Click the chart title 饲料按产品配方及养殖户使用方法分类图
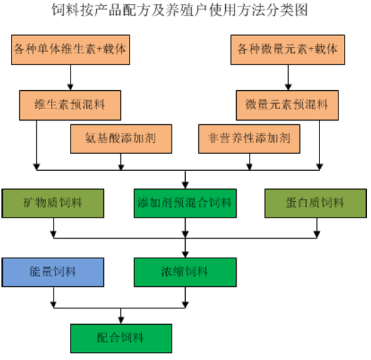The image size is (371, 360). pos(180,10)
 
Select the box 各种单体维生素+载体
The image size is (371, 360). pos(71,49)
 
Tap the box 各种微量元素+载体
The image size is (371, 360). pos(288,49)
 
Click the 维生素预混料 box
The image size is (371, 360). pos(70,105)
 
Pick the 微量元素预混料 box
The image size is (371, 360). pos(288,105)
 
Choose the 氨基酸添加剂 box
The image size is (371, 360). pos(121,139)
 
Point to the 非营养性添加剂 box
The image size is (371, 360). pos(250,139)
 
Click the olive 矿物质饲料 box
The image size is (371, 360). pos(53,203)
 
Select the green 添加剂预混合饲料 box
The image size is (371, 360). pos(185,203)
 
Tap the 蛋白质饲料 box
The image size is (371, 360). pos(315,203)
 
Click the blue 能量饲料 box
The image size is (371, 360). pos(53,273)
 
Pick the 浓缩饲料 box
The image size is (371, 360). pos(185,273)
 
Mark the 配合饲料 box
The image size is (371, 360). pos(121,338)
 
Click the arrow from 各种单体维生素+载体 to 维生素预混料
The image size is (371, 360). pos(71,77)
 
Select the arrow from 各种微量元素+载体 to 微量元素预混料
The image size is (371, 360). pos(288,77)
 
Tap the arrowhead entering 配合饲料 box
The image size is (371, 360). pos(121,321)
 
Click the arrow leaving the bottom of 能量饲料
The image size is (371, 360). pos(54,298)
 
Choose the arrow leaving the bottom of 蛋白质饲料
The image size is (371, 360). pos(317,228)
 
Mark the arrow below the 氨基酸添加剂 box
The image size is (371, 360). pos(121,162)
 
